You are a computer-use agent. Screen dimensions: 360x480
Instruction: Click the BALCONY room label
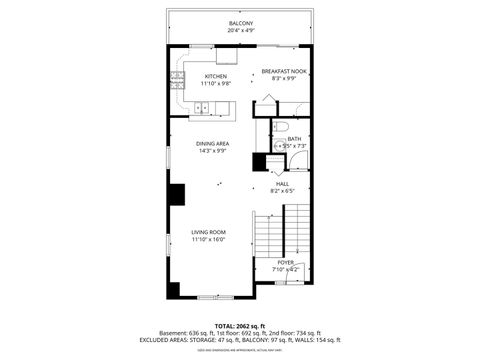pyautogui.click(x=240, y=23)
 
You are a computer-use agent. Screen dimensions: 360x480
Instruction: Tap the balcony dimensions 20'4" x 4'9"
pyautogui.click(x=240, y=30)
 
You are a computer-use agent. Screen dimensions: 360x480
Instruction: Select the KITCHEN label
pyautogui.click(x=216, y=76)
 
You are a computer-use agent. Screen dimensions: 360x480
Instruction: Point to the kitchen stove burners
pyautogui.click(x=177, y=77)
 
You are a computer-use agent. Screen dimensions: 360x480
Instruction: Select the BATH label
pyautogui.click(x=294, y=139)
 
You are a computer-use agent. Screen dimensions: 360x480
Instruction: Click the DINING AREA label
pyautogui.click(x=212, y=144)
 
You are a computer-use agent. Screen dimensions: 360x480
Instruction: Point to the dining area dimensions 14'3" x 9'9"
pyautogui.click(x=212, y=151)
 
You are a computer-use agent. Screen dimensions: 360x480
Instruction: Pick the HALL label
pyautogui.click(x=283, y=184)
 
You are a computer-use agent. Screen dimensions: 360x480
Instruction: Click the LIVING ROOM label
pyautogui.click(x=209, y=232)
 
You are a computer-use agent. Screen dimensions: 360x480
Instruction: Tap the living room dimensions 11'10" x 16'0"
pyautogui.click(x=209, y=239)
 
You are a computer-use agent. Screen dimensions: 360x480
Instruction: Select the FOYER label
pyautogui.click(x=286, y=262)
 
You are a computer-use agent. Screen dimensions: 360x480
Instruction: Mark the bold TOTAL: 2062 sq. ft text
pyautogui.click(x=240, y=326)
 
